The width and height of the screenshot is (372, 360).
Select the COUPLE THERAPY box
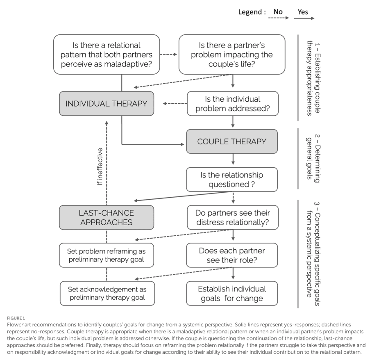tap(232, 141)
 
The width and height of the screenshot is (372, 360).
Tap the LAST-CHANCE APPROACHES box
tap(107, 218)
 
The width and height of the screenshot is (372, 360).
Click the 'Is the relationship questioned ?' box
tap(232, 180)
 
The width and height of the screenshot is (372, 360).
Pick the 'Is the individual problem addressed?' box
tap(232, 104)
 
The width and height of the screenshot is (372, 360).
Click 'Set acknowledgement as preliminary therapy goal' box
tap(107, 293)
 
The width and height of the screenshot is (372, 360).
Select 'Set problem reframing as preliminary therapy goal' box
tap(107, 255)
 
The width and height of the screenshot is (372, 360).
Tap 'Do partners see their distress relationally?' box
tap(232, 218)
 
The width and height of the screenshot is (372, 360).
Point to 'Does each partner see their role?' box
tap(232, 255)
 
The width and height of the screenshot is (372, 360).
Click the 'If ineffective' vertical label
tap(100, 166)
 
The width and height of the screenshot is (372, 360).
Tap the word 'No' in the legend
tap(278, 12)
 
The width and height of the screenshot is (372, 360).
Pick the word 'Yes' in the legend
tap(303, 12)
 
